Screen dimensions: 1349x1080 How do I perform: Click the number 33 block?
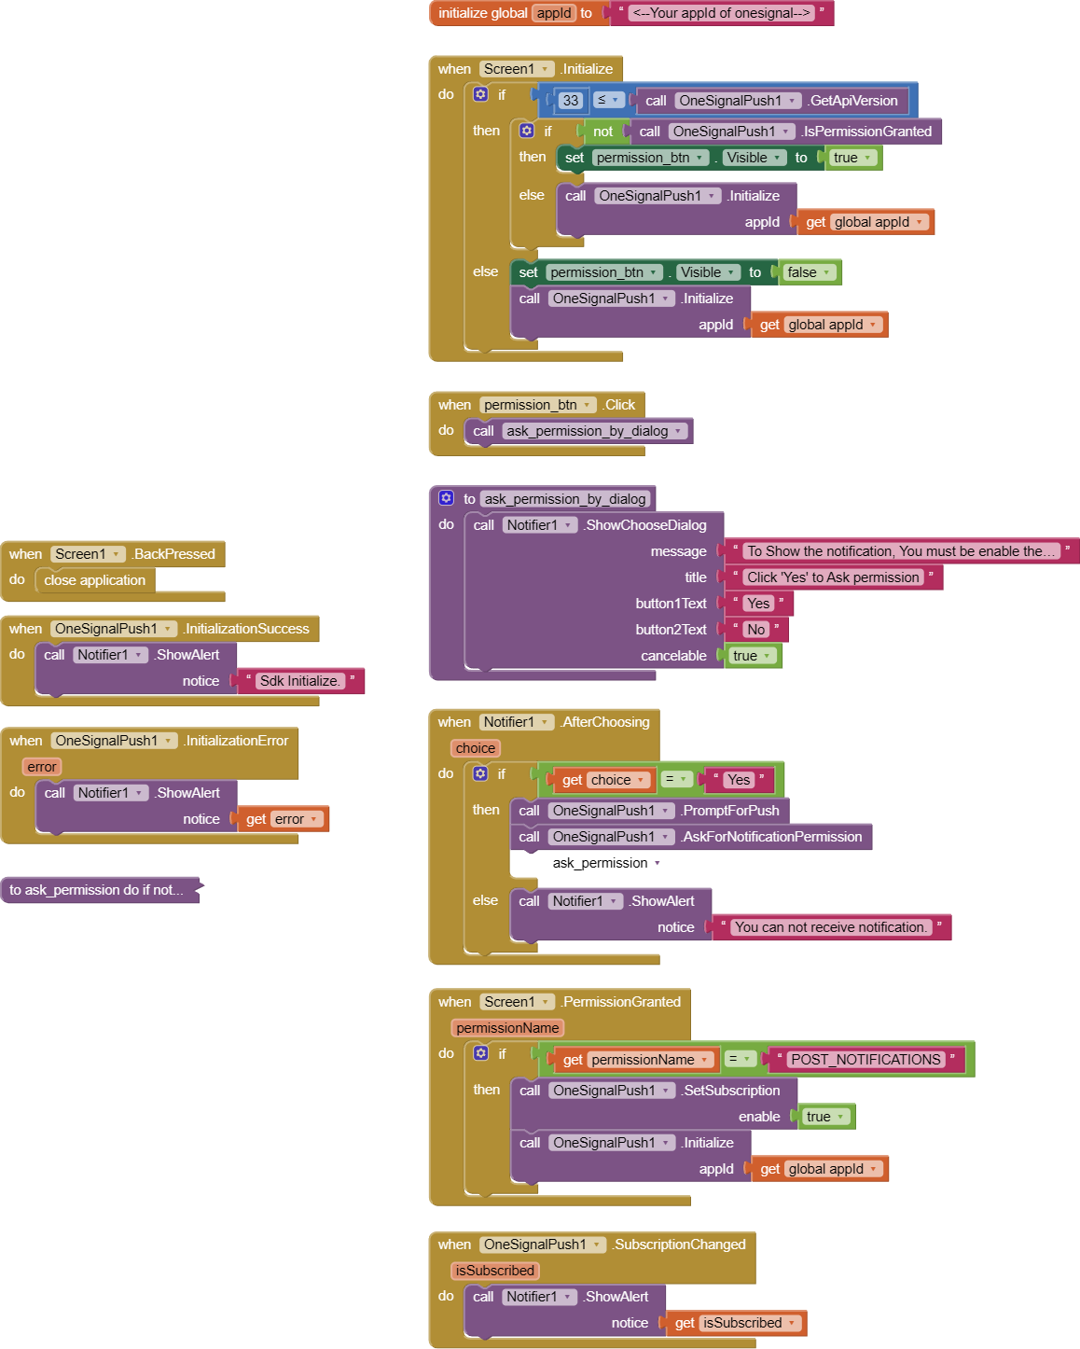click(570, 101)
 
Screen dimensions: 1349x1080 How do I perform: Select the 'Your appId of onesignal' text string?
click(720, 13)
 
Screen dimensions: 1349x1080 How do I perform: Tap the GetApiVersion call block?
click(852, 101)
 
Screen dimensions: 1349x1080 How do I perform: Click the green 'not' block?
click(602, 132)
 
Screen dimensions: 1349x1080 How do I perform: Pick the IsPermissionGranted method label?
click(867, 132)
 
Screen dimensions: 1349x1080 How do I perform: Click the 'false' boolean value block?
click(801, 272)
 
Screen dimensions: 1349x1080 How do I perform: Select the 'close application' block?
click(94, 580)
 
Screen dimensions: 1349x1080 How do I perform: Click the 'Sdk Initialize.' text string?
click(299, 681)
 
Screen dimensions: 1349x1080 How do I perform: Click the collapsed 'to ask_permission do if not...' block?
click(97, 890)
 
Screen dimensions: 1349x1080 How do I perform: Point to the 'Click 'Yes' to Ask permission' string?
click(833, 577)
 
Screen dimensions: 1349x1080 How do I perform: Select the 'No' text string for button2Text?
click(755, 630)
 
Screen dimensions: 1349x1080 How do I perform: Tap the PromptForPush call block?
click(730, 811)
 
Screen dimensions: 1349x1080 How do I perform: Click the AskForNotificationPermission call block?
click(771, 837)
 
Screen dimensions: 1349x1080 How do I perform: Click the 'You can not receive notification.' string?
click(829, 927)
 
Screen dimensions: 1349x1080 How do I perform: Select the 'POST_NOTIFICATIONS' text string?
click(865, 1060)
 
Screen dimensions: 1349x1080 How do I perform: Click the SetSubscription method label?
click(731, 1091)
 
